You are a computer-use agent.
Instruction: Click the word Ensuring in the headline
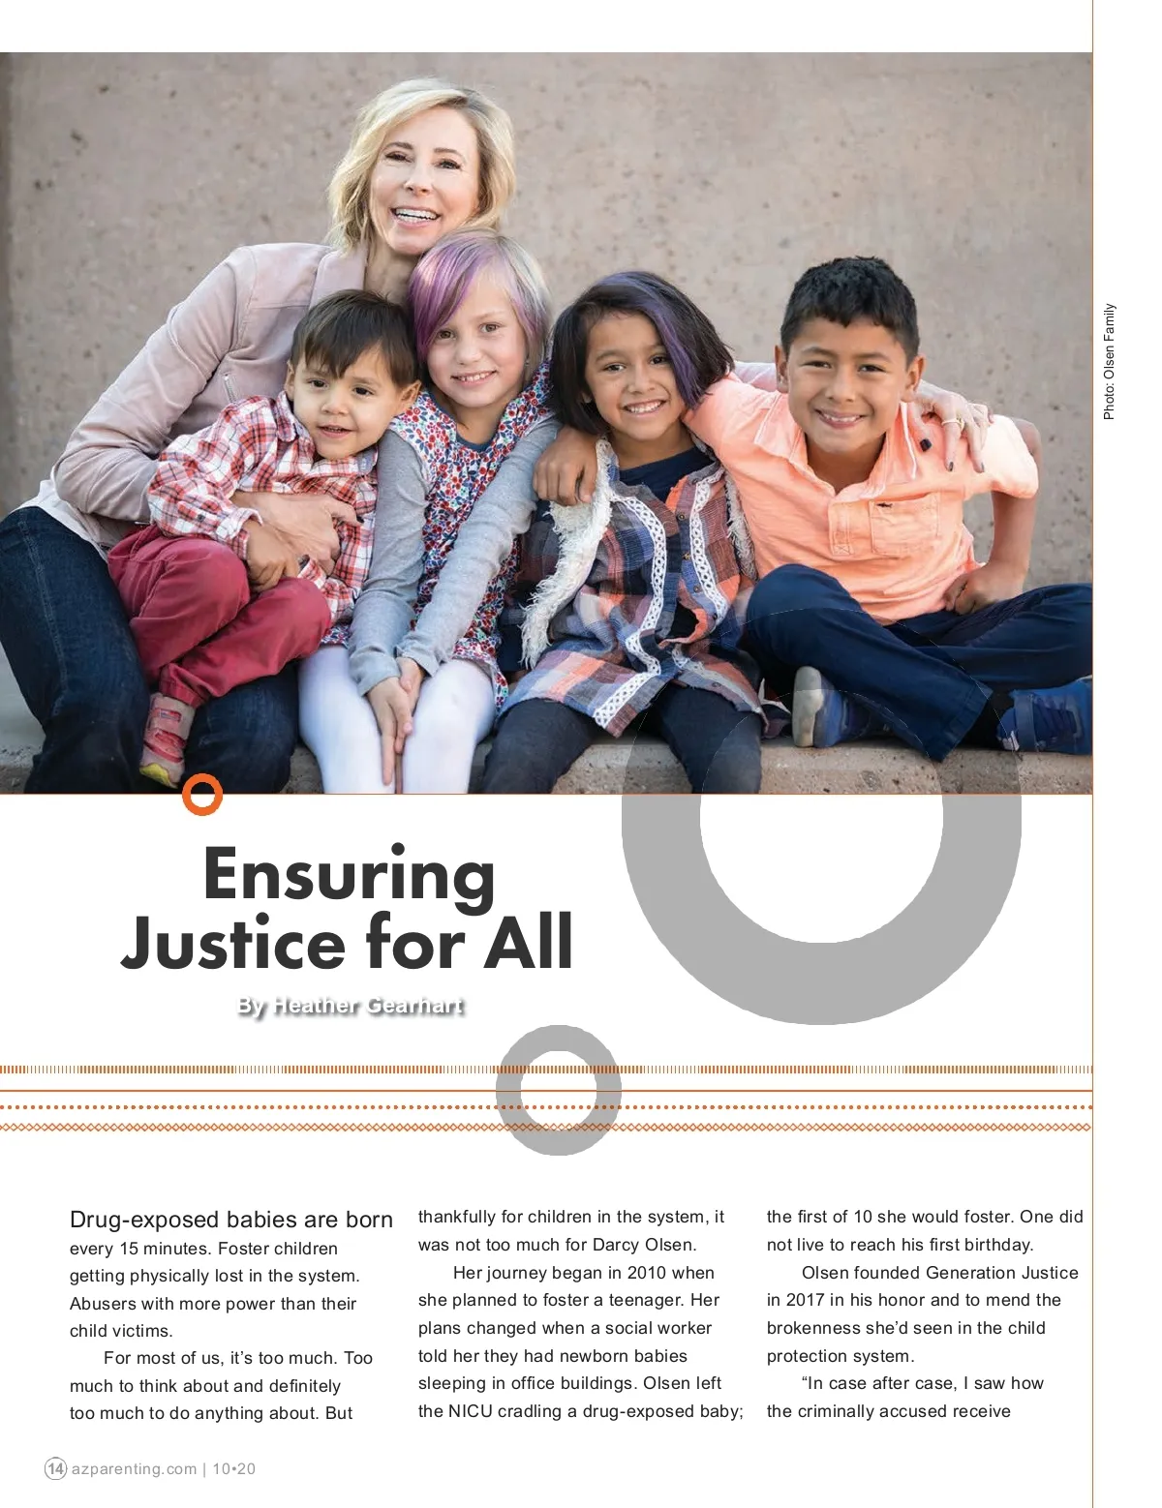(x=349, y=876)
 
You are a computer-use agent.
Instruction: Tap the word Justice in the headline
(x=230, y=944)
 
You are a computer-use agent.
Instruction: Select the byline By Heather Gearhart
(x=351, y=1006)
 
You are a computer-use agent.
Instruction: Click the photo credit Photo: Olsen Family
(x=1110, y=361)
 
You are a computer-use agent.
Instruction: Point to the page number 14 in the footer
(x=55, y=1468)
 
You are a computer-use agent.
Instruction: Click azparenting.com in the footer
(x=134, y=1468)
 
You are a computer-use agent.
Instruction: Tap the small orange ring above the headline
(x=202, y=795)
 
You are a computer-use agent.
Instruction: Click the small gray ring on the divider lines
(x=559, y=1090)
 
